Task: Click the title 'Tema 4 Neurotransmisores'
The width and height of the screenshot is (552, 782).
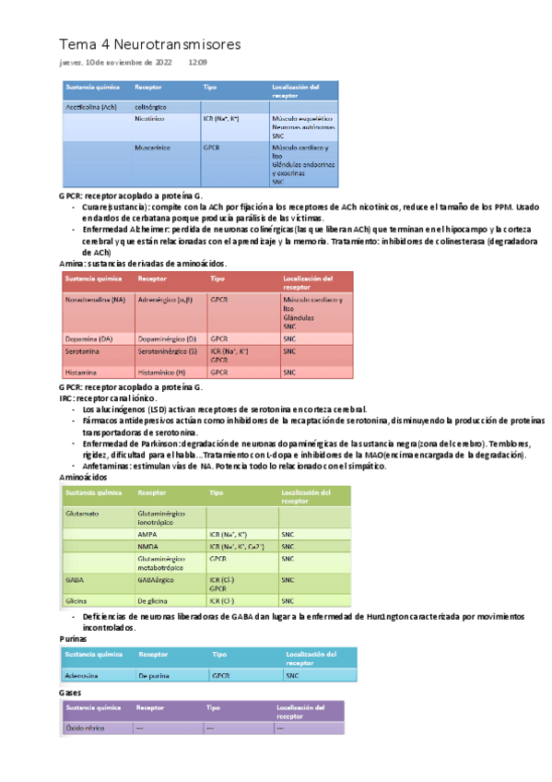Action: pyautogui.click(x=149, y=44)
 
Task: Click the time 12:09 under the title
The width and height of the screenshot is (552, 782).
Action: pyautogui.click(x=197, y=63)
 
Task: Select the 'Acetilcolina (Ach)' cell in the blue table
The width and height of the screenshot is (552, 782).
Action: pyautogui.click(x=90, y=107)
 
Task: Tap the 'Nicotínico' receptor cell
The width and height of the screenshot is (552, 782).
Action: pyautogui.click(x=150, y=119)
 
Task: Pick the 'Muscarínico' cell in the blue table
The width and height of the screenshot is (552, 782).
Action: pyautogui.click(x=154, y=147)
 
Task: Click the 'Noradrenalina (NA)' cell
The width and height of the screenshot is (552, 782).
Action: pyautogui.click(x=95, y=300)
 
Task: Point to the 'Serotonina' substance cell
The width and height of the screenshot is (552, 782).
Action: pyautogui.click(x=84, y=351)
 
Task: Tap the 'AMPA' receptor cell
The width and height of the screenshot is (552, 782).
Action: pyautogui.click(x=147, y=534)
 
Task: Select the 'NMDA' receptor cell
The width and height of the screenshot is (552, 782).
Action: pyautogui.click(x=147, y=547)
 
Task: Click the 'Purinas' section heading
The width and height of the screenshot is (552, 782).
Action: pyautogui.click(x=74, y=638)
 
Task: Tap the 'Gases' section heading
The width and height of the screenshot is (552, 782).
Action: pyautogui.click(x=70, y=691)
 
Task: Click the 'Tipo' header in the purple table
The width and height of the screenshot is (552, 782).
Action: pyautogui.click(x=213, y=708)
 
